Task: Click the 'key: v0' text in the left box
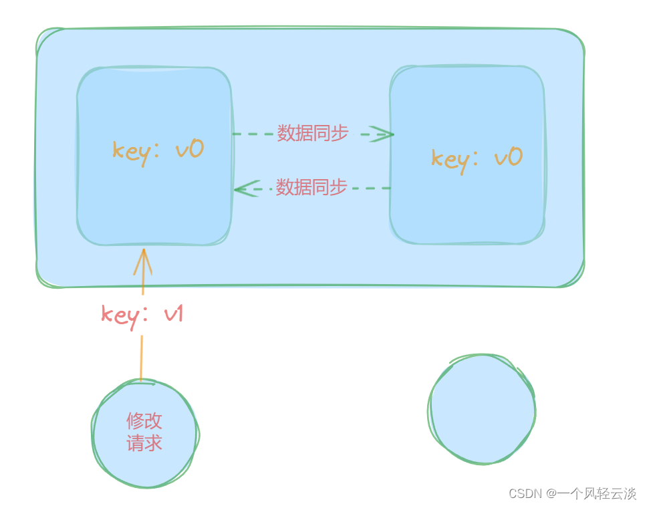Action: click(158, 150)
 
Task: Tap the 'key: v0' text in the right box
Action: click(476, 158)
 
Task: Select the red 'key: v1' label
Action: click(142, 314)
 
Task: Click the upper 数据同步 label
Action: click(313, 134)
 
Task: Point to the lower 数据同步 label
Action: click(311, 188)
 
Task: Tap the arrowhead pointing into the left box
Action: click(243, 189)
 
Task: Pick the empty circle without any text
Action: click(482, 409)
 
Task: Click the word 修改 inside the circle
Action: click(144, 421)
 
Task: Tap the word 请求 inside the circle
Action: click(144, 443)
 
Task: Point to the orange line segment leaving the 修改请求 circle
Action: click(141, 358)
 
